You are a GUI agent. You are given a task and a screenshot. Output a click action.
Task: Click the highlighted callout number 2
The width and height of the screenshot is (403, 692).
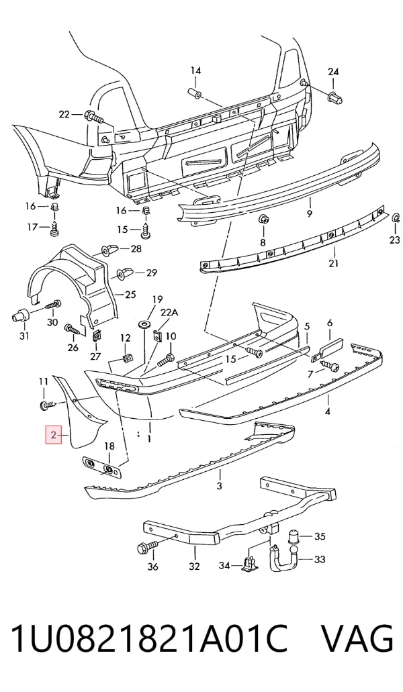click(54, 435)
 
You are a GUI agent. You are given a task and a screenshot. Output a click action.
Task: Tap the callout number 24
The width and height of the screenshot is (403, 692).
click(333, 72)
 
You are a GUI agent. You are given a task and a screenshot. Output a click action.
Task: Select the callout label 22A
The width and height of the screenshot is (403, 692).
click(169, 313)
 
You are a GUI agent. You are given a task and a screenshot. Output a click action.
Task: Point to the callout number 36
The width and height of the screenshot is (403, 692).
click(152, 566)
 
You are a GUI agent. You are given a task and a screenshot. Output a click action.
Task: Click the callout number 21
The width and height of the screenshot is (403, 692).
click(334, 264)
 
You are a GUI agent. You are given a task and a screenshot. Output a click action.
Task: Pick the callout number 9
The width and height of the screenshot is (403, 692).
click(310, 213)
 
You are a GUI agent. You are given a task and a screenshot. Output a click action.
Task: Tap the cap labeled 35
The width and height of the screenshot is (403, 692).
click(294, 537)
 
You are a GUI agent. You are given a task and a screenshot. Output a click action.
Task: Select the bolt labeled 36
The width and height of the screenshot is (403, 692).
click(147, 548)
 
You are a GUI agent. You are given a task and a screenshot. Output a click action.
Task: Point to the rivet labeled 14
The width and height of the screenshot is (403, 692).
click(195, 93)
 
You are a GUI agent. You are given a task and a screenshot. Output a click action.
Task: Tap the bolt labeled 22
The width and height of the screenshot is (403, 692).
click(93, 117)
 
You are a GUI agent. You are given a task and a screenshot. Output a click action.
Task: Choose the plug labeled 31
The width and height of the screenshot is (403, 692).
click(19, 316)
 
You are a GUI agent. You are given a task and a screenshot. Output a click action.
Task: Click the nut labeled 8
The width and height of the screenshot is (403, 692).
click(263, 219)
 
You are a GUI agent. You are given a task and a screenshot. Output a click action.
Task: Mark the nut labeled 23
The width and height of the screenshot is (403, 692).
click(396, 218)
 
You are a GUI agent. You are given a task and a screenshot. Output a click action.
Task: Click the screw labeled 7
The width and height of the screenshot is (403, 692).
click(330, 365)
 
